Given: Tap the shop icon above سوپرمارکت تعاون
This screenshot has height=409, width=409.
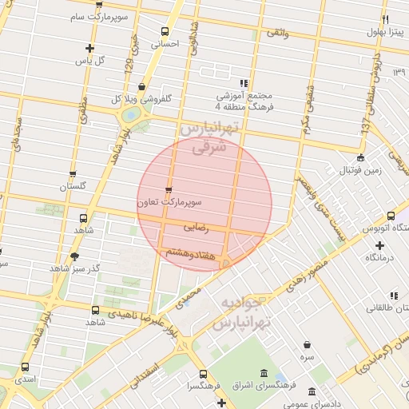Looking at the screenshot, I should point(168,189).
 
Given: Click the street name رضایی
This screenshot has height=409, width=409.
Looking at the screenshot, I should point(196,228).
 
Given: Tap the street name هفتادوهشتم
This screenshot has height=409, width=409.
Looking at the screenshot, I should point(191,253).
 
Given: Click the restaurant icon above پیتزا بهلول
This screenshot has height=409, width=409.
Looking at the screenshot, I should point(385,19).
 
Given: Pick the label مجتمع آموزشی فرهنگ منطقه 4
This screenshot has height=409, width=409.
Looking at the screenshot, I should point(244,98).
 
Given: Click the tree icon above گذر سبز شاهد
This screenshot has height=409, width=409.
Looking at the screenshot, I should point(74,256).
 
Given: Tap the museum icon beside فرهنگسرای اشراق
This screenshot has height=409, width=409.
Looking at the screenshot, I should point(264,374).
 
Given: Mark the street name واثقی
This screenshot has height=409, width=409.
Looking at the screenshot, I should point(276,34).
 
